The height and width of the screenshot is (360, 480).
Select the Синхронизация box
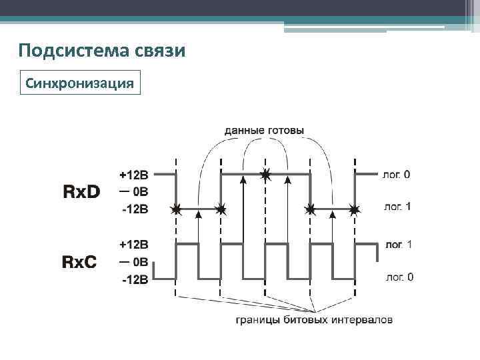80,83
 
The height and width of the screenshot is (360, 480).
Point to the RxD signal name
81,192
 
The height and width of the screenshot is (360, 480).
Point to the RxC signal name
81,262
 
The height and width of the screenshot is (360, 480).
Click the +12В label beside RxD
135,175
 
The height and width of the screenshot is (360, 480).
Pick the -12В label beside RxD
135,209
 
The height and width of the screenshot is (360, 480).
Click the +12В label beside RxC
135,245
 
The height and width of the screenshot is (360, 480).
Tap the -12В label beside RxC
135,279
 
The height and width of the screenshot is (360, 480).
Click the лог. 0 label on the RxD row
396,175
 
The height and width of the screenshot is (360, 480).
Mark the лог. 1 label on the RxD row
396,207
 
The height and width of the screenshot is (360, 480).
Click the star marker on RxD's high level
266,175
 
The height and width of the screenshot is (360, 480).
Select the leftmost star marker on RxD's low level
176,210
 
